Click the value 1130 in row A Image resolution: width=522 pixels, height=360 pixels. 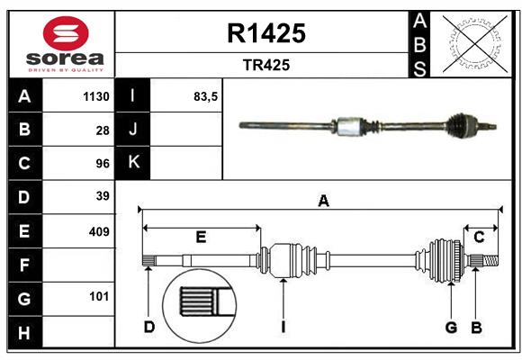[95, 96]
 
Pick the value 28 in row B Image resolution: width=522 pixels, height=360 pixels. [102, 130]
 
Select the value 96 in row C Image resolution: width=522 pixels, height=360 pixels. [102, 164]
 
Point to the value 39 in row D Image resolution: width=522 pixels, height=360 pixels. [102, 196]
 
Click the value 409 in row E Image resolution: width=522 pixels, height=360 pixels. [98, 231]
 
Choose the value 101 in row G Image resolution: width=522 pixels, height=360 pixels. [98, 297]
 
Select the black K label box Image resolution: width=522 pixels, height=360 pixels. [133, 163]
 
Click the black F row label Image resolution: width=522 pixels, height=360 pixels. [24, 265]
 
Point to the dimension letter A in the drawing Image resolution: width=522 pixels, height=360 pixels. [322, 202]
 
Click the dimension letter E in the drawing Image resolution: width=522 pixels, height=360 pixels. [201, 237]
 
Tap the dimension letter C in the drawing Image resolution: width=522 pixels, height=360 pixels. [479, 237]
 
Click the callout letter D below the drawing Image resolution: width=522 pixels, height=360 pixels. [149, 327]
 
